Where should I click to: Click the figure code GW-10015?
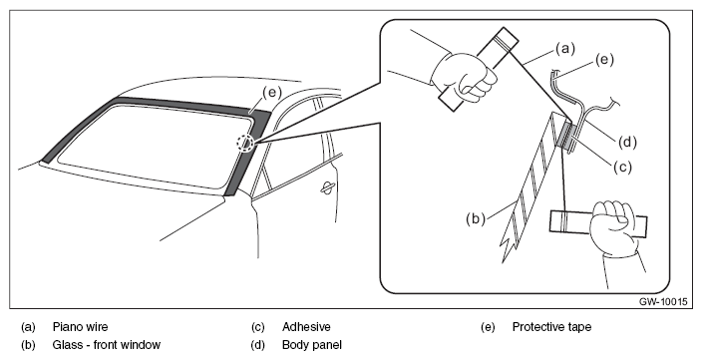pos(662,302)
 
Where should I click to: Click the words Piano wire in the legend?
pos(80,327)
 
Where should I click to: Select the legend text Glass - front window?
pos(106,345)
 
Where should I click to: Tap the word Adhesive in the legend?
pos(306,327)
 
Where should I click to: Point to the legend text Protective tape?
pos(551,327)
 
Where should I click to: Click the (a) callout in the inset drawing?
pos(565,48)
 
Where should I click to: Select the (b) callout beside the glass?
pos(476,219)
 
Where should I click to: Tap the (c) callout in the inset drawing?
pos(622,167)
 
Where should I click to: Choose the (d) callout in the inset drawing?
pos(627,142)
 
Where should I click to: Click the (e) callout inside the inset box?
pos(604,60)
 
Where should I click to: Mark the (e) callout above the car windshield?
pos(272,93)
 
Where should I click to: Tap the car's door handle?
pos(329,188)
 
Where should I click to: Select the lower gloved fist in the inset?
pos(614,228)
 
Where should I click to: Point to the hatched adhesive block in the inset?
pos(566,136)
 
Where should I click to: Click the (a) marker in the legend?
pos(28,327)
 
